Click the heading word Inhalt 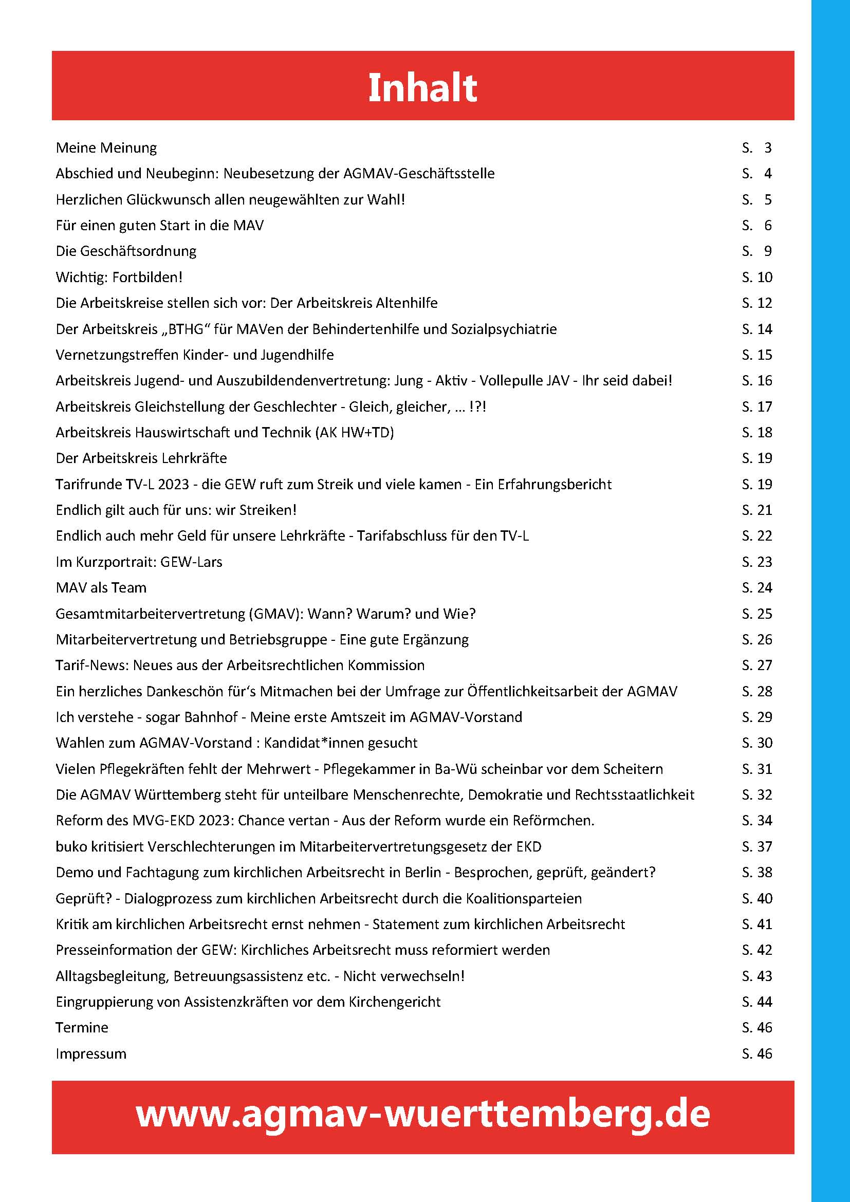point(422,87)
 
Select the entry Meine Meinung point(106,148)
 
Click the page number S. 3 point(757,148)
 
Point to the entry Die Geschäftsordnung point(126,251)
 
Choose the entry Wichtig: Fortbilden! point(119,278)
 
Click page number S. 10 point(757,278)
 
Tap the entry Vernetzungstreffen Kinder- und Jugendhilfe point(195,355)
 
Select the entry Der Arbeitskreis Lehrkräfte point(141,458)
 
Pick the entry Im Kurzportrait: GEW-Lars point(139,562)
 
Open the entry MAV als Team point(101,588)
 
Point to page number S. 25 point(757,614)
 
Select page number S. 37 point(757,846)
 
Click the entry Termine point(82,1028)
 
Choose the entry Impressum point(91,1054)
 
